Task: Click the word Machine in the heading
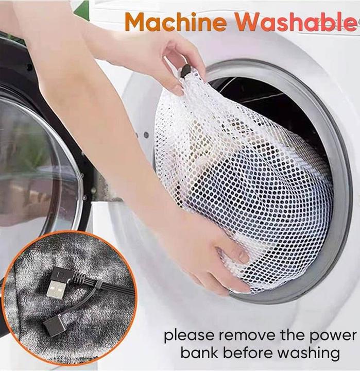click(176, 22)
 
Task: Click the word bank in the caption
click(199, 352)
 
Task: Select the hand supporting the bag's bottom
click(220, 256)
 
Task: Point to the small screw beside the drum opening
click(146, 135)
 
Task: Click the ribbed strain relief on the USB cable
click(79, 276)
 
